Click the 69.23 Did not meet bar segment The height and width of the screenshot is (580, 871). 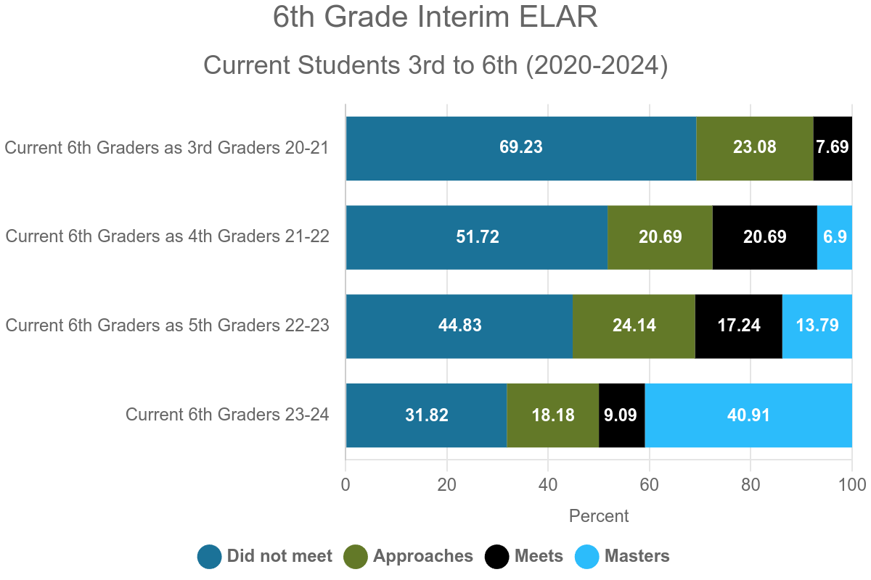pyautogui.click(x=520, y=148)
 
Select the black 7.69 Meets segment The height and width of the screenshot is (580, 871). pyautogui.click(x=832, y=148)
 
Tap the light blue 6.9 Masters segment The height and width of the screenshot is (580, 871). pyautogui.click(x=834, y=237)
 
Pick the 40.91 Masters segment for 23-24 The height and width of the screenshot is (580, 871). pyautogui.click(x=748, y=415)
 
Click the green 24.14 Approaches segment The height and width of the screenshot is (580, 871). pyautogui.click(x=634, y=326)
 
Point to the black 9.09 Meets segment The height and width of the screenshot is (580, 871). pyautogui.click(x=621, y=415)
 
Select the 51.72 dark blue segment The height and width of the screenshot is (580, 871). pyautogui.click(x=476, y=237)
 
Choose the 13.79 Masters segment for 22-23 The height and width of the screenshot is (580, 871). pyautogui.click(x=817, y=326)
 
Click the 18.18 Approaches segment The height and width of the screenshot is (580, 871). pyautogui.click(x=552, y=415)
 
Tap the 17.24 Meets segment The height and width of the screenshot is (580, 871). pyautogui.click(x=738, y=326)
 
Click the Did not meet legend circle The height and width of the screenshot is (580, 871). pyautogui.click(x=209, y=557)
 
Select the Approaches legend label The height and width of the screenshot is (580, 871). pyautogui.click(x=423, y=557)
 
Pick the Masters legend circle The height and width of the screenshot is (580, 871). pyautogui.click(x=587, y=557)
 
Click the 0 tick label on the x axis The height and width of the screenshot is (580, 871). pyautogui.click(x=345, y=484)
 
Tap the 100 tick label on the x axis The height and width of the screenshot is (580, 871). pyautogui.click(x=851, y=484)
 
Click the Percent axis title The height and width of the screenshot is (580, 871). pyautogui.click(x=599, y=516)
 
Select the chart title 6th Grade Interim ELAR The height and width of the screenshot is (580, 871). pyautogui.click(x=435, y=17)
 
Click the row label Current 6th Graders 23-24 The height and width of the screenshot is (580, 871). pyautogui.click(x=227, y=415)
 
